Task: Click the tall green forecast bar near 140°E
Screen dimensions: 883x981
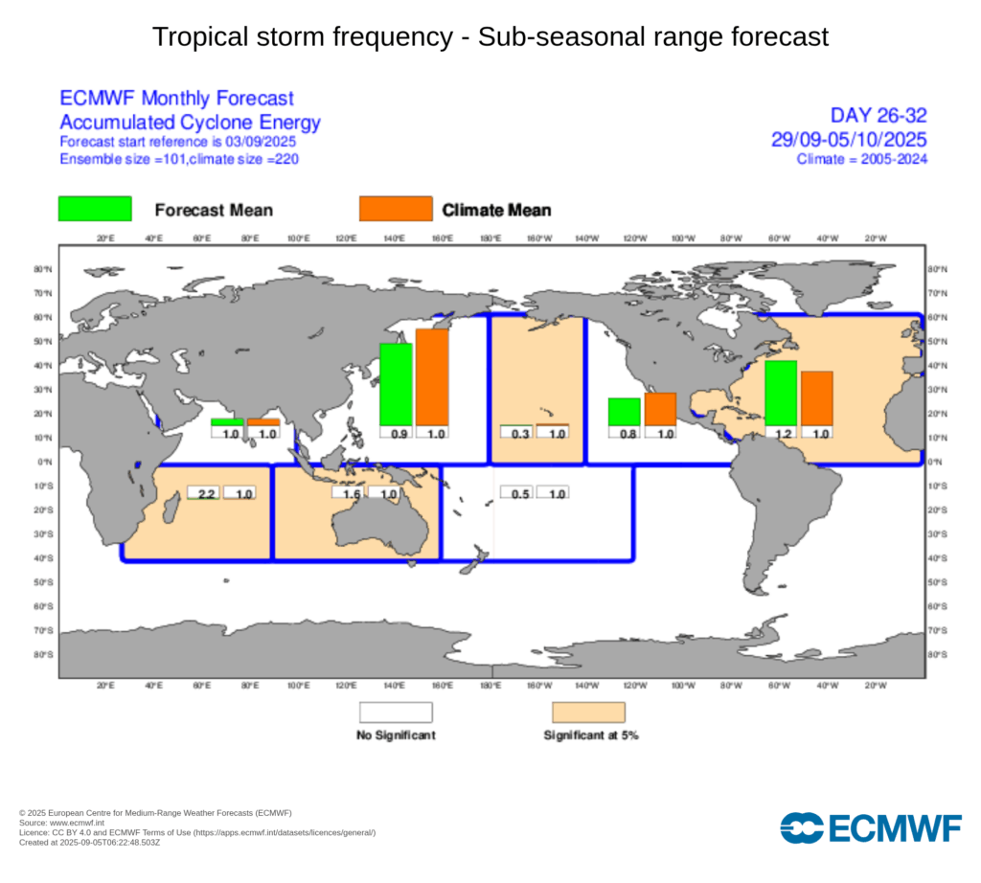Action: [396, 384]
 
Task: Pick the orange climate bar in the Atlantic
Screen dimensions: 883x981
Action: [816, 397]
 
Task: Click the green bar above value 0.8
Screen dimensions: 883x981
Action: [625, 412]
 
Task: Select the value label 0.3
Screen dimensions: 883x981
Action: [516, 433]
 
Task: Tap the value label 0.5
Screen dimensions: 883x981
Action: [516, 493]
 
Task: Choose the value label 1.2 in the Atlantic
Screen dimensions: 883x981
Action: [781, 433]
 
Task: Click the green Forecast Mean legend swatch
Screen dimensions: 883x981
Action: [95, 209]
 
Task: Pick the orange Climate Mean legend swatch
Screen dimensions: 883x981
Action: [395, 209]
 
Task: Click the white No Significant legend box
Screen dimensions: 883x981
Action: [396, 713]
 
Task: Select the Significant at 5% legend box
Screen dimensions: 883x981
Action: [588, 713]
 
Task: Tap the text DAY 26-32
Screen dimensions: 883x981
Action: [878, 116]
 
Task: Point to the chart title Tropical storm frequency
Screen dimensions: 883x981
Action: [490, 37]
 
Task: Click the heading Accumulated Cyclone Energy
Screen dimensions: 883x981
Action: [190, 122]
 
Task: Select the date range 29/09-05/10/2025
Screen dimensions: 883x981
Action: [849, 139]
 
